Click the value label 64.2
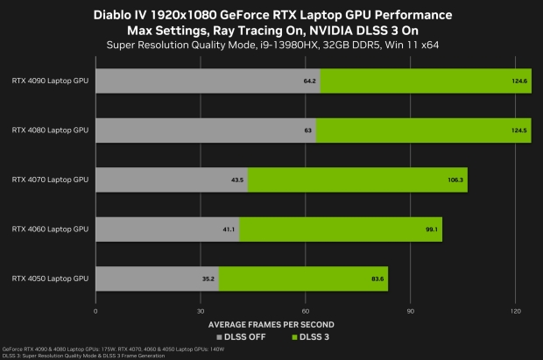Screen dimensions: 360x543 pyautogui.click(x=308, y=81)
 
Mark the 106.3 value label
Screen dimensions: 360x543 pyautogui.click(x=455, y=180)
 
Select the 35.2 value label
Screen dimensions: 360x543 pyautogui.click(x=208, y=279)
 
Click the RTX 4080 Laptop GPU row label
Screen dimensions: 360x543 pyautogui.click(x=50, y=130)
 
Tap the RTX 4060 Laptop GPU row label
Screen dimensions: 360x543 pyautogui.click(x=50, y=229)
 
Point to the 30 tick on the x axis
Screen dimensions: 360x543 pyautogui.click(x=201, y=310)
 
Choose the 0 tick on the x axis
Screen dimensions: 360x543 pyautogui.click(x=95, y=310)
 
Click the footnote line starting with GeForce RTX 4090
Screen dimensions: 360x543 pyautogui.click(x=114, y=349)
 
